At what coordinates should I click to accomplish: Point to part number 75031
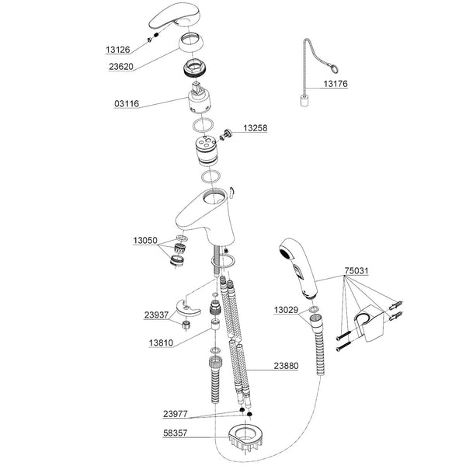click(x=356, y=272)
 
